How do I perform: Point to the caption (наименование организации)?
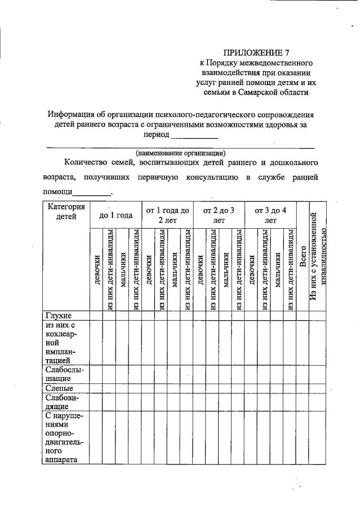(180, 152)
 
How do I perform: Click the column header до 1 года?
(115, 215)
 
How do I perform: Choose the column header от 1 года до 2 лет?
(167, 215)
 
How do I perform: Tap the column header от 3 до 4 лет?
(270, 215)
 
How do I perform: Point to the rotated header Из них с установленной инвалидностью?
(318, 256)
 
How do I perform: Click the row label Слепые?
(59, 388)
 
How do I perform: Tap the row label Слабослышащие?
(64, 374)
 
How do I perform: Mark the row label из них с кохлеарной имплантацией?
(64, 343)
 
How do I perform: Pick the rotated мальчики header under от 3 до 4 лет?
(277, 269)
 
